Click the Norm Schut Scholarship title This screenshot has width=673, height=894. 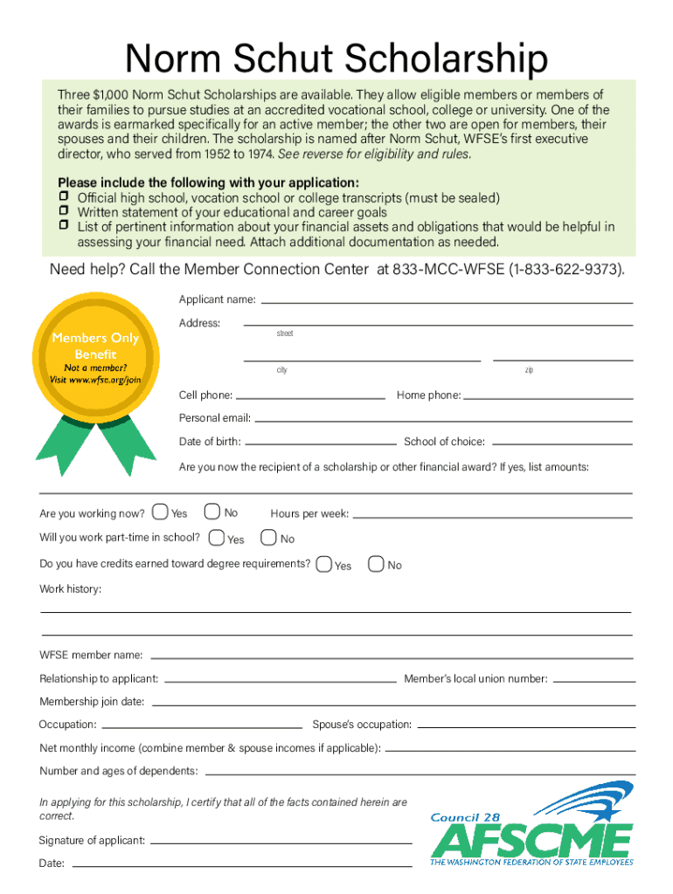pyautogui.click(x=336, y=59)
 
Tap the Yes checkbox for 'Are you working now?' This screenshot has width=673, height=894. pyautogui.click(x=161, y=512)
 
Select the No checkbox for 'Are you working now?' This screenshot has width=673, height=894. pyautogui.click(x=211, y=512)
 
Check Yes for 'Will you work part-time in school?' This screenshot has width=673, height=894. pyautogui.click(x=217, y=538)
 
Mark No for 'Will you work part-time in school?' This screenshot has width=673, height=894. pyautogui.click(x=268, y=538)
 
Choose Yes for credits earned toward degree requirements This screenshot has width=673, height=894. pyautogui.click(x=324, y=564)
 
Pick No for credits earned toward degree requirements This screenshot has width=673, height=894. pyautogui.click(x=377, y=564)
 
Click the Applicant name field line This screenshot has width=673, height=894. pyautogui.click(x=446, y=302)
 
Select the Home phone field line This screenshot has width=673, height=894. pyautogui.click(x=548, y=397)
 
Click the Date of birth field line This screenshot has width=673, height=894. pyautogui.click(x=320, y=444)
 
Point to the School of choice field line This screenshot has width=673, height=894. pyautogui.click(x=559, y=444)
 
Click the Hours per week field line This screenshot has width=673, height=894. pyautogui.click(x=492, y=516)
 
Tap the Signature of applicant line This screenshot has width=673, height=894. pyautogui.click(x=281, y=842)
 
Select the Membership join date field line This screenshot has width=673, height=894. pyautogui.click(x=392, y=704)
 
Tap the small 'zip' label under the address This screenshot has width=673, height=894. pyautogui.click(x=530, y=370)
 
